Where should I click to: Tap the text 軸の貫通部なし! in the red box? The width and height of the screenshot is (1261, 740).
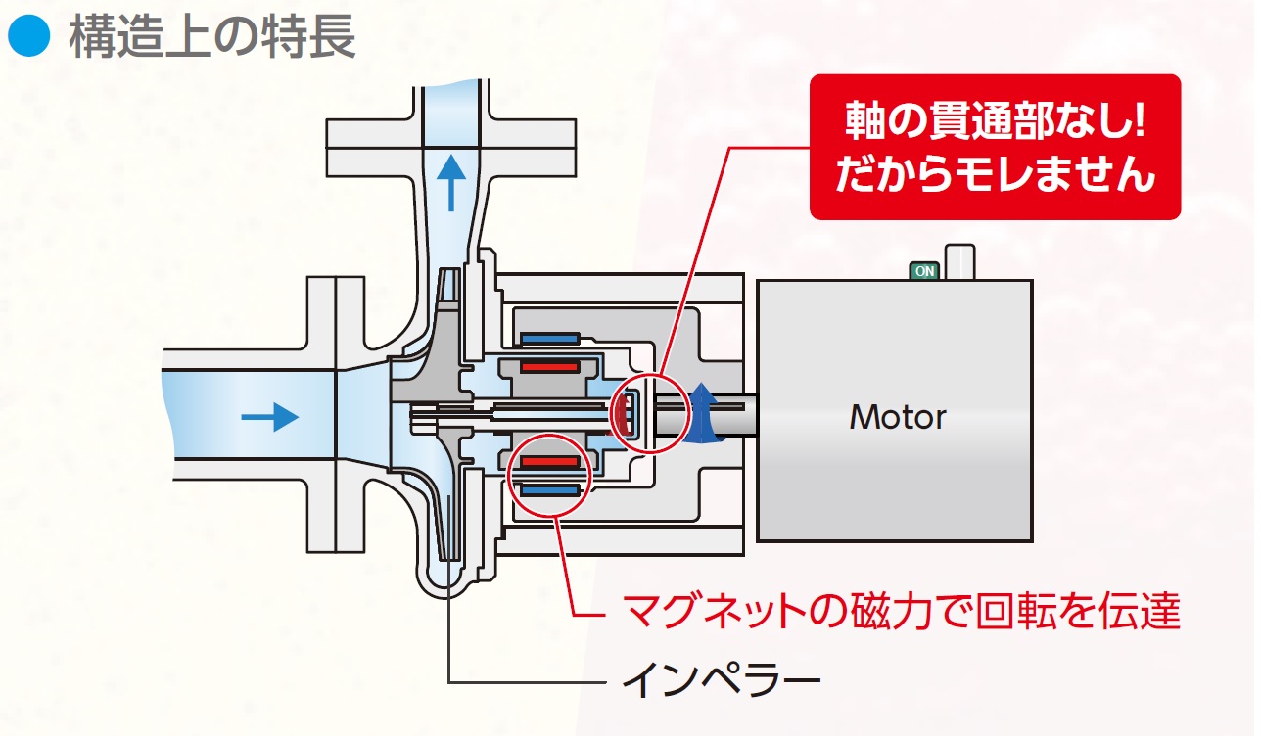point(994,123)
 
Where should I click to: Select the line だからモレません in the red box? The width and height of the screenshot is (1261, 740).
point(995,176)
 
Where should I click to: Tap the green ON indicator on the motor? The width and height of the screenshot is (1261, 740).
point(923,270)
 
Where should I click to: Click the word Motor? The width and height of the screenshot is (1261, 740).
point(897,417)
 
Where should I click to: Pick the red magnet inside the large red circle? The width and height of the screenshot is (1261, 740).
point(549,461)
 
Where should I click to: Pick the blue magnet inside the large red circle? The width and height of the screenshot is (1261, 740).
point(551,487)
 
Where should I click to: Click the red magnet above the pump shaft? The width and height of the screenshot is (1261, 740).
point(549,368)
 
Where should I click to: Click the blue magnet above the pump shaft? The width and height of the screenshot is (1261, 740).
point(551,340)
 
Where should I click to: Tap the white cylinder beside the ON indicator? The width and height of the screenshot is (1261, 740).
point(960,262)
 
